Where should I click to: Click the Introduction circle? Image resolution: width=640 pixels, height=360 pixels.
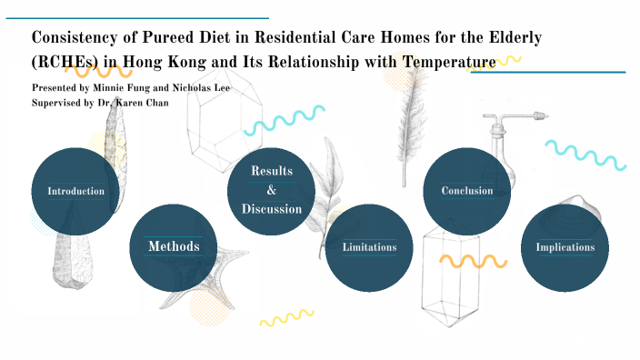click(75, 191)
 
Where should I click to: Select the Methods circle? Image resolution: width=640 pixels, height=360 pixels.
click(174, 246)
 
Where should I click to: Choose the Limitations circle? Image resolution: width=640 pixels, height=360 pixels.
click(369, 247)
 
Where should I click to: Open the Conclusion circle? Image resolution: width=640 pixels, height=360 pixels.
click(467, 191)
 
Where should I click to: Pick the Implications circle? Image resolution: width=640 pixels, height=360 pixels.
click(565, 247)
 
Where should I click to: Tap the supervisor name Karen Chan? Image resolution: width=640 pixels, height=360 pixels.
click(139, 103)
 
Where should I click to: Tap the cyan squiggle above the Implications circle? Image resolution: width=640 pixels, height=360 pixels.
click(585, 155)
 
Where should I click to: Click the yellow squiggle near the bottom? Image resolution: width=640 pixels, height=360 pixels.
click(287, 318)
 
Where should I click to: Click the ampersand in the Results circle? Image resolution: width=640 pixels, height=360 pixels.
click(271, 190)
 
